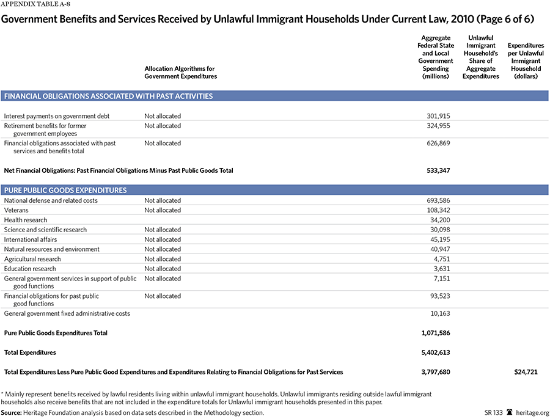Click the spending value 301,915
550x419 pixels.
438,116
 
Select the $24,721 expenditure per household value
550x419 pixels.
525,372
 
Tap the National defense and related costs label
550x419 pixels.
51,200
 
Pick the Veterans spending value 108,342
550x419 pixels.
438,210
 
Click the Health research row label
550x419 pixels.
25,220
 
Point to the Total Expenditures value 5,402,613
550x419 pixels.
434,352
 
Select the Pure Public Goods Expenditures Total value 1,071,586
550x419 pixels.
434,333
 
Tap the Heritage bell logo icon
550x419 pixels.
510,413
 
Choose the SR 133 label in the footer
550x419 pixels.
493,413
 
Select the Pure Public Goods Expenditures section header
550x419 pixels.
65,190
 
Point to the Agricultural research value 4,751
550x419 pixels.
441,259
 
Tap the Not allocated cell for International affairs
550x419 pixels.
163,239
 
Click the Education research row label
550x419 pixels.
30,269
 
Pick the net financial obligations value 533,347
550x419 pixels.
438,170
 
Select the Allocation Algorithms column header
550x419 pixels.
180,73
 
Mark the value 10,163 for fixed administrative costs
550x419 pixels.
439,313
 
